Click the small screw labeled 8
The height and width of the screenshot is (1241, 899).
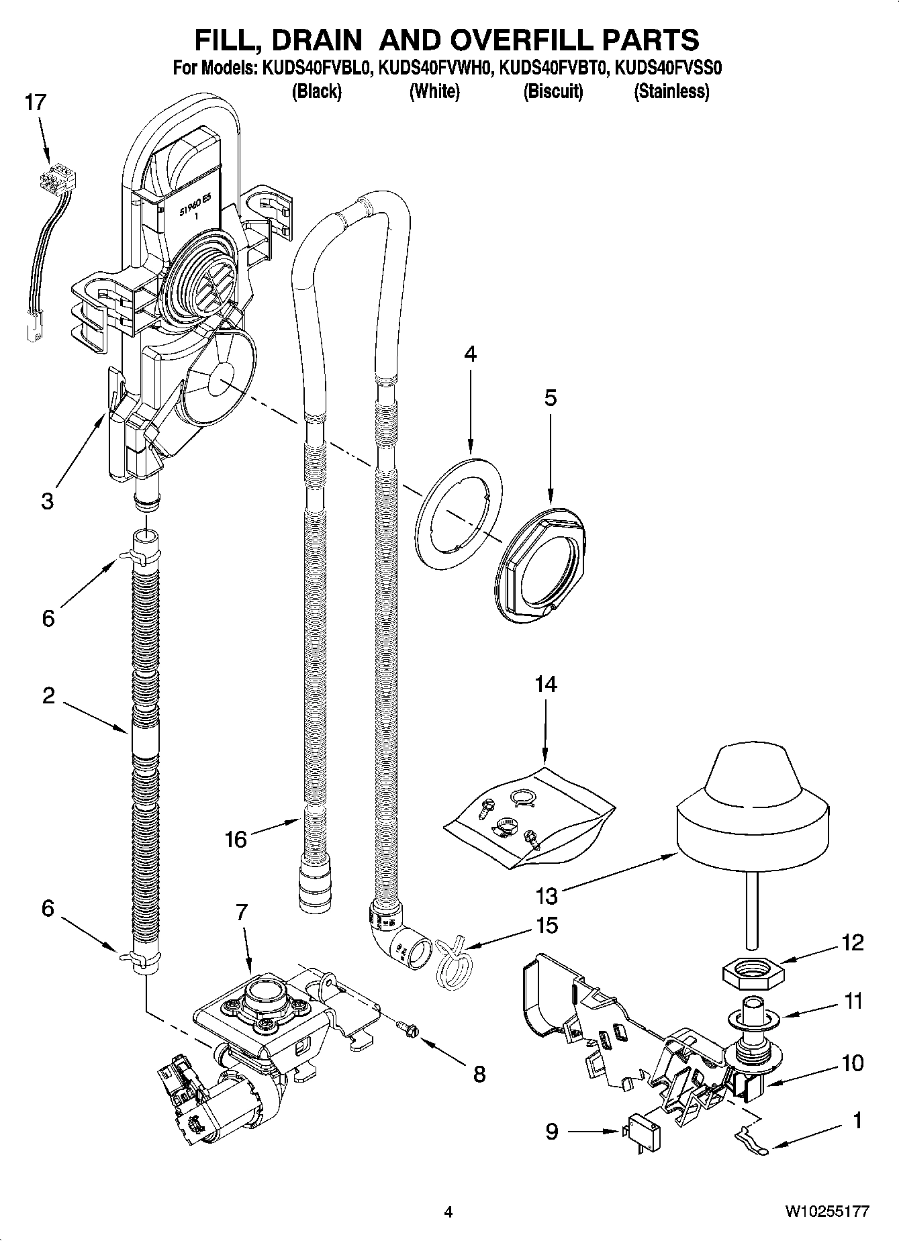coord(406,1027)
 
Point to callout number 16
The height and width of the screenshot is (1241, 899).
coord(236,839)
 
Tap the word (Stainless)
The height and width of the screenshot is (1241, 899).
coord(671,91)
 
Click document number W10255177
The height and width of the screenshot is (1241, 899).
coord(827,1211)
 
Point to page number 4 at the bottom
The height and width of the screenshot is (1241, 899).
coord(448,1212)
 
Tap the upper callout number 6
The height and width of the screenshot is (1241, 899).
coord(48,618)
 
